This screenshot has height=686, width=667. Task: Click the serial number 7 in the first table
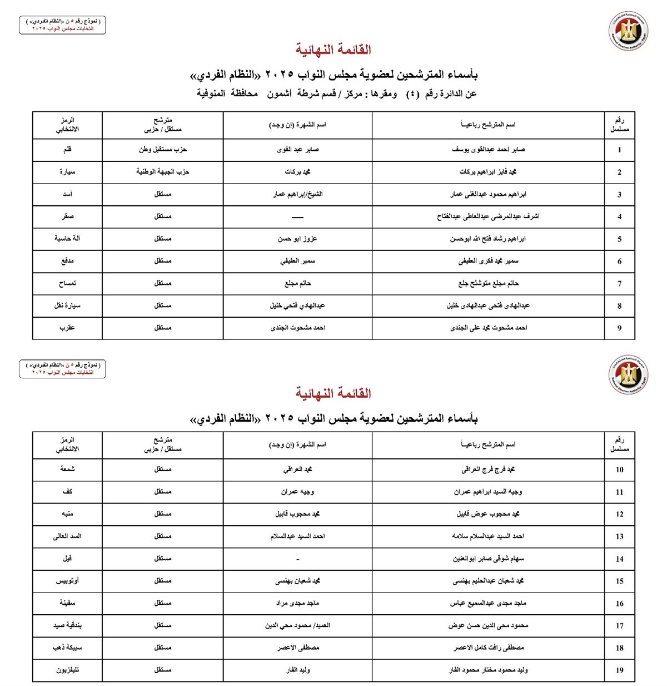tap(619, 284)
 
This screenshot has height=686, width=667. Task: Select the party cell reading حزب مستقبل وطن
tap(163, 150)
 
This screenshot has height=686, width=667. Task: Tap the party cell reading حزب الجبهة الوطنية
tap(163, 172)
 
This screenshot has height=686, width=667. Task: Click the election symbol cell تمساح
tap(67, 284)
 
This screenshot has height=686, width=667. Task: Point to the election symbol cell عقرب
tap(67, 328)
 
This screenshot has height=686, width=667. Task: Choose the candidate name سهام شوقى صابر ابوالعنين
tap(488, 559)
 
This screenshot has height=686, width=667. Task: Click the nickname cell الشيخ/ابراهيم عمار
tap(298, 194)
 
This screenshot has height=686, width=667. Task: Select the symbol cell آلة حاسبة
tap(67, 239)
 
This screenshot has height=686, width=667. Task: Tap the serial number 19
tap(619, 670)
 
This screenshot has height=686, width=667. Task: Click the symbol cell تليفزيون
tap(67, 670)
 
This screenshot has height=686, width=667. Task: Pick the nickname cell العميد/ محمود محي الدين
tap(298, 625)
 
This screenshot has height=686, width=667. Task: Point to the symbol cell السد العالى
tap(67, 536)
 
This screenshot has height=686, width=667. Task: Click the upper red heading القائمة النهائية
tap(333, 50)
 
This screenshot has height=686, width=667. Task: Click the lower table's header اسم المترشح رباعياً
tap(488, 445)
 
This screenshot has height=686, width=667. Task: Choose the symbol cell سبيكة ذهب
tap(67, 648)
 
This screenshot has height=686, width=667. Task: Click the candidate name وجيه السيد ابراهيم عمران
tap(488, 492)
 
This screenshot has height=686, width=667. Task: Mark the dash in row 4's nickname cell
tap(298, 217)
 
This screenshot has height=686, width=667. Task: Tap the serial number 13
tap(619, 537)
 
